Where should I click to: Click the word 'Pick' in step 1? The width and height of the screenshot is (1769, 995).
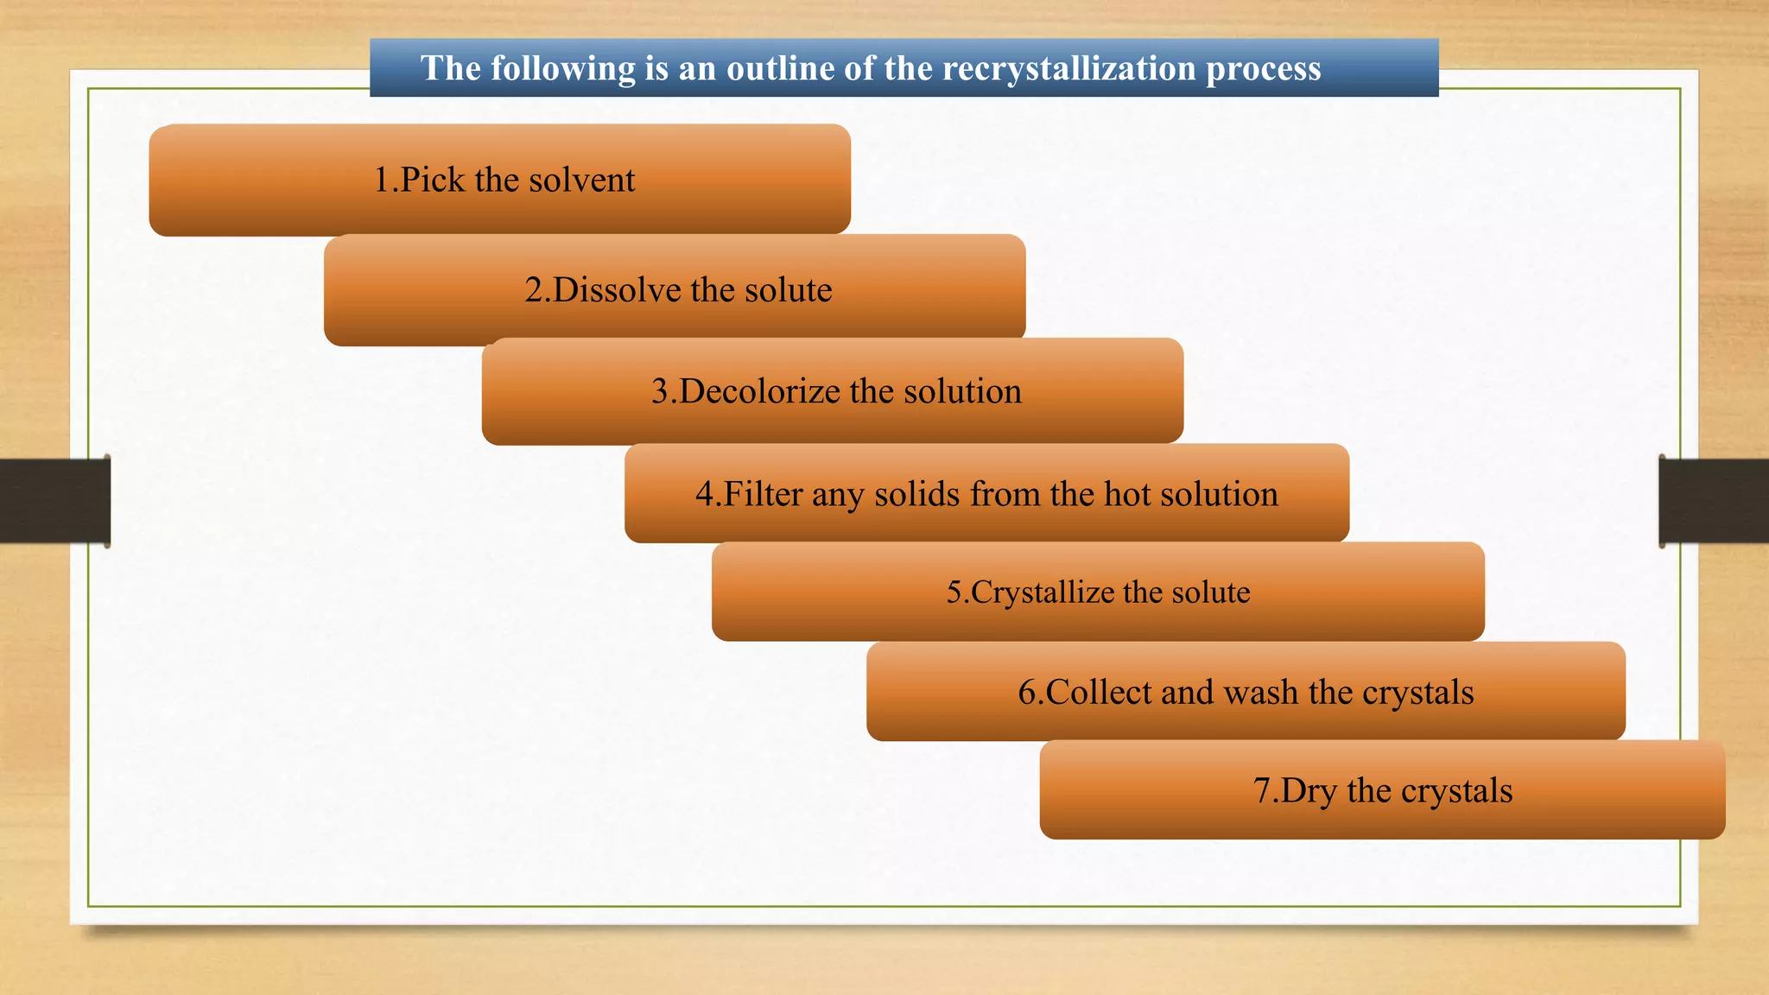433,180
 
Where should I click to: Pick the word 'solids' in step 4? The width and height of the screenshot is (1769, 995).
916,494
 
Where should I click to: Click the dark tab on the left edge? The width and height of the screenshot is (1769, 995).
54,501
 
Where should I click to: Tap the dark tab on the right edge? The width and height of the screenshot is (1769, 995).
1714,501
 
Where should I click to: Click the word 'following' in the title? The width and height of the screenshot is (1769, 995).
562,68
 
